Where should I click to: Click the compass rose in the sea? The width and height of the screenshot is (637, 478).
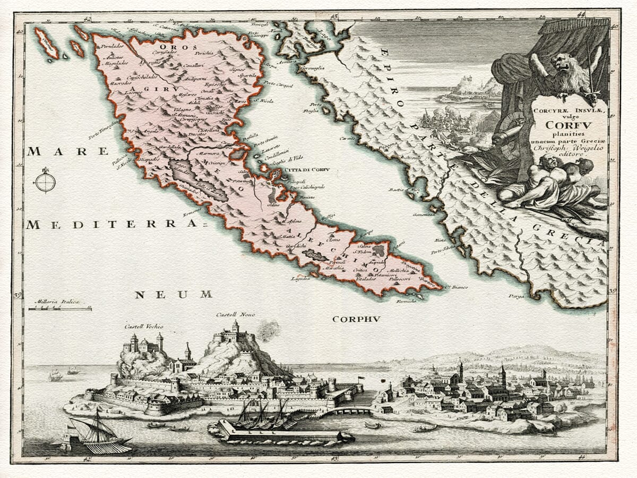(x=45, y=182)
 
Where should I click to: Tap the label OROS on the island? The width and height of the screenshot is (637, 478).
(x=171, y=48)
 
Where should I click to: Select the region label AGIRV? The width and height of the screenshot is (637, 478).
(x=141, y=89)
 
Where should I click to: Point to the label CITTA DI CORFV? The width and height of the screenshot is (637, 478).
(x=307, y=170)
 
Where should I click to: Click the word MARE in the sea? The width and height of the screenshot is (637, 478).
(x=57, y=152)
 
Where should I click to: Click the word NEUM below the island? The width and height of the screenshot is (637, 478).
(x=173, y=294)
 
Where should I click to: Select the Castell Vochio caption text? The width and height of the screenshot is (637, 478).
(x=144, y=326)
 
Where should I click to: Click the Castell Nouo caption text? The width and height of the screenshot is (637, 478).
(x=235, y=315)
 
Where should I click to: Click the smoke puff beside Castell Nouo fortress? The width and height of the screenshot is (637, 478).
(x=268, y=330)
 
